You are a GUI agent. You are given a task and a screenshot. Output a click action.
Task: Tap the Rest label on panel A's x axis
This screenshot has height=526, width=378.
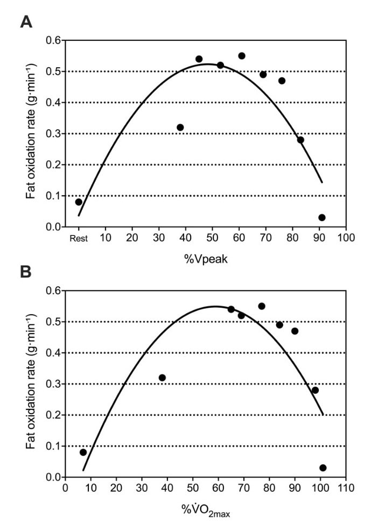point(78,237)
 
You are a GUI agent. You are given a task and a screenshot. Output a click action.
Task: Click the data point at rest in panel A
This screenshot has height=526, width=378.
point(79,202)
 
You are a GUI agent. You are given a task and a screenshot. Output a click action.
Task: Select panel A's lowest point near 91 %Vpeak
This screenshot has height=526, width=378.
point(322,218)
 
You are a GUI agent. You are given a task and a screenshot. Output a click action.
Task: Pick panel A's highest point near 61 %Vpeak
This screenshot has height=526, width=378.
point(242,56)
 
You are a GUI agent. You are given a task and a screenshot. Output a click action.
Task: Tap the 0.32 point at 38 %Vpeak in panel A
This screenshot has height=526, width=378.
point(180,127)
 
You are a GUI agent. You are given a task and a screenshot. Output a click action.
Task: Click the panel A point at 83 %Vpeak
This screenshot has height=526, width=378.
point(300,140)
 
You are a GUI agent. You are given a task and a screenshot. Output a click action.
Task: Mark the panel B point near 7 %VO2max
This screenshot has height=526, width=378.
point(83,452)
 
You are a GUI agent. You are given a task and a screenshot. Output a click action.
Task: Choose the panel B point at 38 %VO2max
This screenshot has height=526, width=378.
point(162,378)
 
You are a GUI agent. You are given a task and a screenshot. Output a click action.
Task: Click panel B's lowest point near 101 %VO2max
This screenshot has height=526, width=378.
point(323,468)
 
